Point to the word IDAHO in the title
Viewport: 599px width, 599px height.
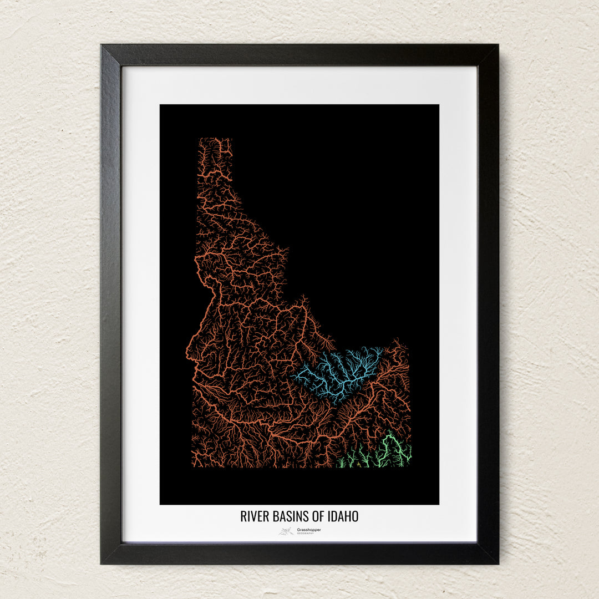344,516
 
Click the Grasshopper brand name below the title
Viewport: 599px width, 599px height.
309,529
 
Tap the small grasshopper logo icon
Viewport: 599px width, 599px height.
286,531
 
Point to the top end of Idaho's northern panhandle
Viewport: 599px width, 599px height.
215,140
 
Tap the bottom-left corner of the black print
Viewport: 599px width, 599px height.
161,504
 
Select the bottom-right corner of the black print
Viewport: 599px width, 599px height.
438,504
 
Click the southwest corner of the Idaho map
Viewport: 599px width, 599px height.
192,466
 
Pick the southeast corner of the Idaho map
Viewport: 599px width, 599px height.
410,465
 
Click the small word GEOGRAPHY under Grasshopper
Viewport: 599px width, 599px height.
305,534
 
